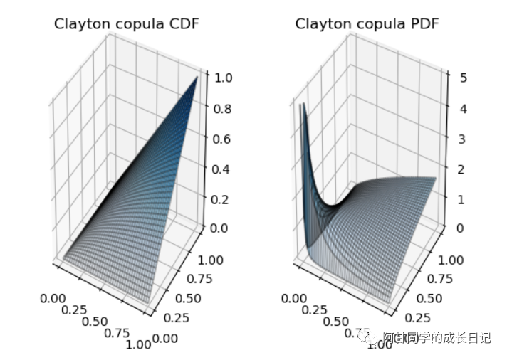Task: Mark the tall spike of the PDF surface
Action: click(x=302, y=105)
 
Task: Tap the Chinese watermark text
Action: click(x=436, y=338)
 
